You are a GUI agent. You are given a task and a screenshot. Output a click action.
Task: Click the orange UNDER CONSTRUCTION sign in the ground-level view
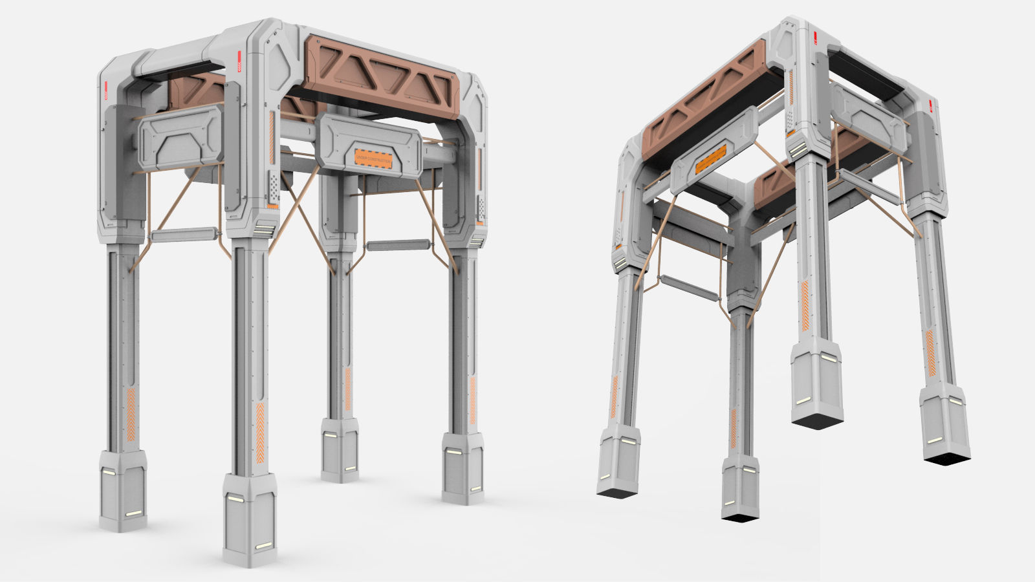click(373, 157)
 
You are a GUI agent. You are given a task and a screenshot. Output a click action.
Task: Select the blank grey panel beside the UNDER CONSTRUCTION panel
click(180, 138)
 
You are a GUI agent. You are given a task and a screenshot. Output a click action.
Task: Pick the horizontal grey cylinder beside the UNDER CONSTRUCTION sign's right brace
click(398, 246)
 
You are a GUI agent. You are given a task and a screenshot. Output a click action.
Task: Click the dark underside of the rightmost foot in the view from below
click(946, 457)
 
